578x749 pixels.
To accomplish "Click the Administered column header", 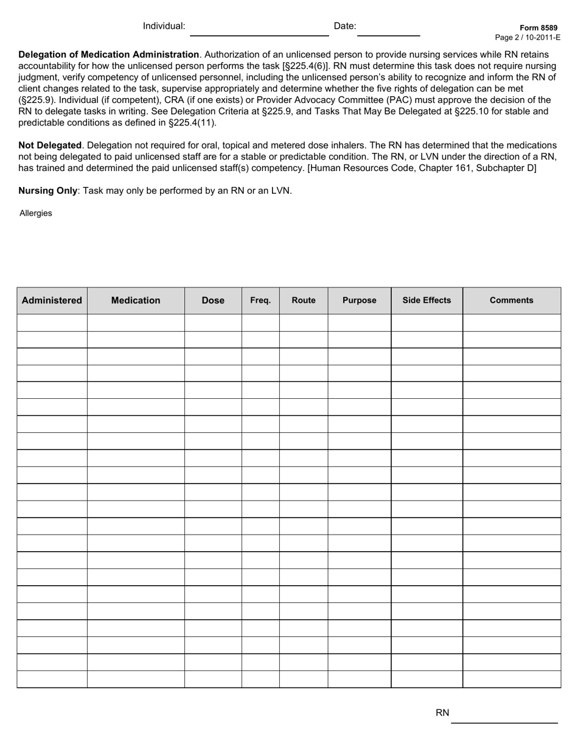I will pos(52,300).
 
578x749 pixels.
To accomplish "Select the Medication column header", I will pos(136,300).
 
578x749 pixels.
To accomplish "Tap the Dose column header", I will pos(213,300).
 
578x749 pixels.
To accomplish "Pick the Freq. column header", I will pos(260,300).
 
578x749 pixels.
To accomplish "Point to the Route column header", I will pos(304,300).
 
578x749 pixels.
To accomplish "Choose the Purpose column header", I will pos(359,300).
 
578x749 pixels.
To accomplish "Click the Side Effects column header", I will pos(427,300).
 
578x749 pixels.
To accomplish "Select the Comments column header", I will pos(511,300).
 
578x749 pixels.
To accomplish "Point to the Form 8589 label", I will pos(538,28).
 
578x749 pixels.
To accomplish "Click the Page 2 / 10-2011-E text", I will pos(528,37).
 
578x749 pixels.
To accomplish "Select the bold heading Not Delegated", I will pos(50,146).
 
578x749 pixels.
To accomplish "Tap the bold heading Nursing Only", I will pos(48,191).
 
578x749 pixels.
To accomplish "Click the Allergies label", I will pos(36,214).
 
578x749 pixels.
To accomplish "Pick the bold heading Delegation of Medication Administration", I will pos(109,55).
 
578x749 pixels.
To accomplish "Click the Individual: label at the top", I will pos(164,26).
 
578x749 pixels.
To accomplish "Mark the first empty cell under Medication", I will pos(136,323).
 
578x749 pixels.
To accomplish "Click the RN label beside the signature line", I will pos(442,713).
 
